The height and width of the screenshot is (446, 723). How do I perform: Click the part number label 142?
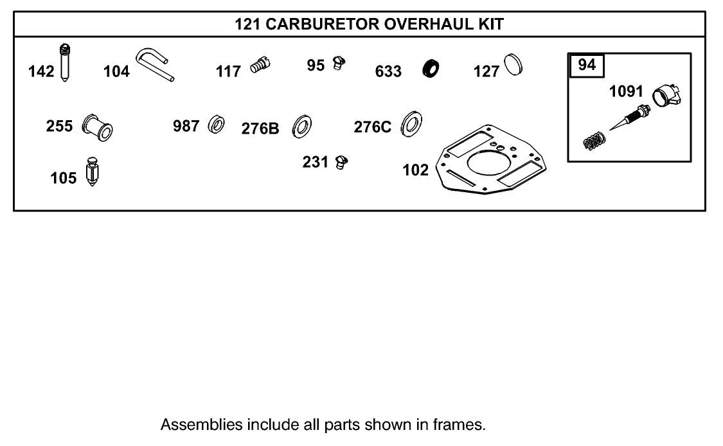click(42, 71)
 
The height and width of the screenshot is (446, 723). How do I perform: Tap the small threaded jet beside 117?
click(260, 66)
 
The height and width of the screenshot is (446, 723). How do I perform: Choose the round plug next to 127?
click(513, 66)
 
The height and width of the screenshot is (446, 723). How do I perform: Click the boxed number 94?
click(587, 65)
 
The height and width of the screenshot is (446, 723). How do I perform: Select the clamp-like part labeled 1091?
click(667, 97)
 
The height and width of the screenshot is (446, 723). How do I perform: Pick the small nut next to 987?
click(215, 125)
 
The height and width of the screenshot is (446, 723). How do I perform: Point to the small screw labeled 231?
click(342, 162)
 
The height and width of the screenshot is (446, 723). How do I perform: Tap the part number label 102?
click(415, 170)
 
